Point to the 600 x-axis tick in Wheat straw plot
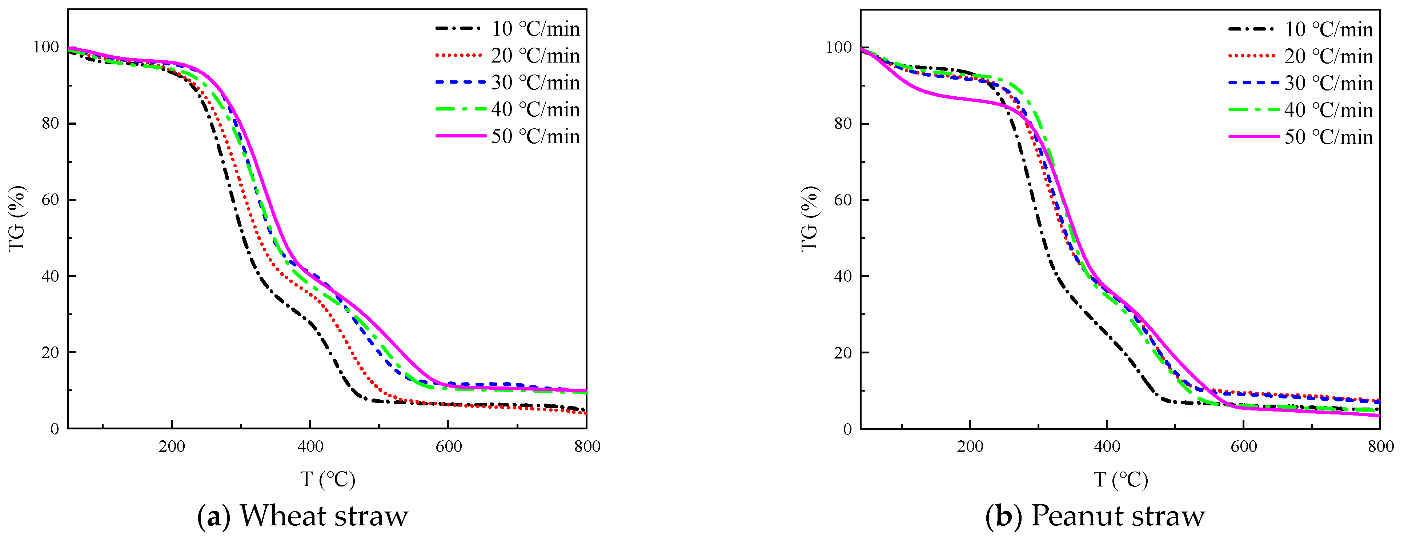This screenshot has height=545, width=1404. tap(448, 447)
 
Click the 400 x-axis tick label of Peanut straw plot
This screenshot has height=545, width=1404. tap(1107, 447)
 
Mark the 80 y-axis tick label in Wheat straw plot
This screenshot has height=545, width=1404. tap(51, 123)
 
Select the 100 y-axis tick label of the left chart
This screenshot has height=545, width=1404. tap(46, 47)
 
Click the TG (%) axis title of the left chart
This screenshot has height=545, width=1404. tap(17, 219)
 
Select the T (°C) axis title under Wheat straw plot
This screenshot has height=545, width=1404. tap(328, 480)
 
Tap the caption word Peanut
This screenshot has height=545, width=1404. tap(1069, 516)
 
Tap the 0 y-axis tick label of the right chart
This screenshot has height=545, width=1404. tap(847, 429)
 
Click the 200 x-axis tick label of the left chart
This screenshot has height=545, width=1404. tap(172, 447)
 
